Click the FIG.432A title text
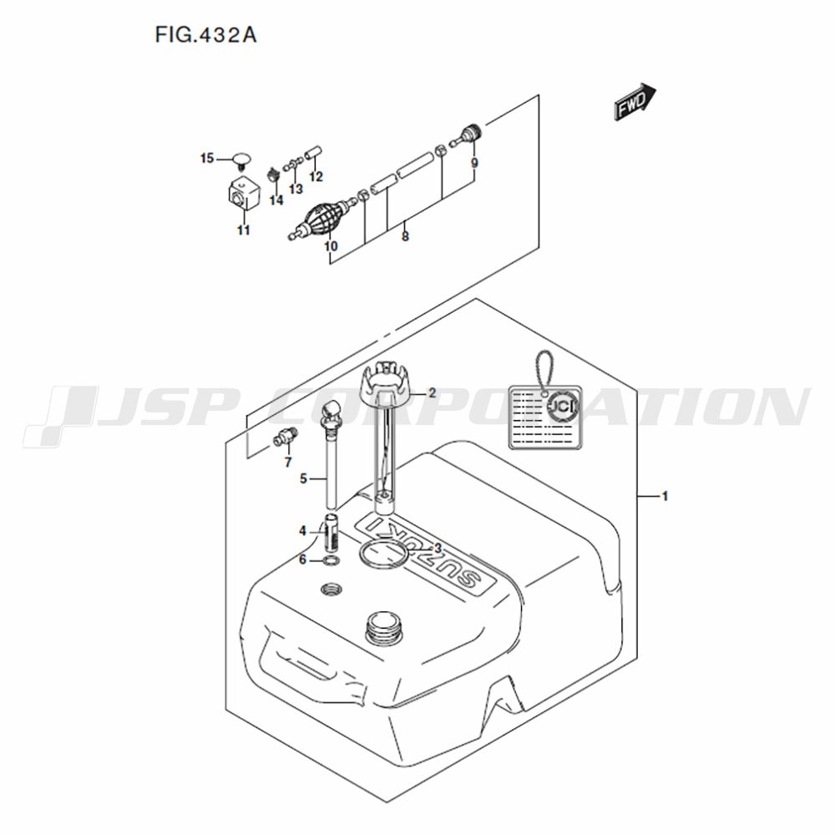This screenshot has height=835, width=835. coord(206,35)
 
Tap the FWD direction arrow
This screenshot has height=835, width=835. coord(635,101)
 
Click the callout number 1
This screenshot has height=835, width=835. coord(665,496)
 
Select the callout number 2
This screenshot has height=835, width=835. coord(432,393)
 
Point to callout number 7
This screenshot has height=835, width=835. coord(288,463)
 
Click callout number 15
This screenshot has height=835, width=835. coord(207,158)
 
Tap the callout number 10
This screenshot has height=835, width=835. coord(331,246)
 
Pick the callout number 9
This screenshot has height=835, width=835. coord(474,163)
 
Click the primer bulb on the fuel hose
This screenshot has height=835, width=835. coord(323,217)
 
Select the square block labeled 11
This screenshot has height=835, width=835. coord(243,196)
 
